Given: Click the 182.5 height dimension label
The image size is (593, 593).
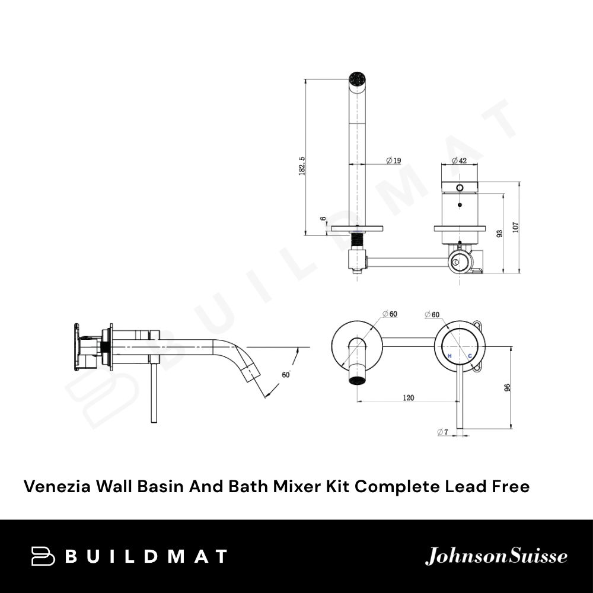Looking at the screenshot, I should [x=302, y=166].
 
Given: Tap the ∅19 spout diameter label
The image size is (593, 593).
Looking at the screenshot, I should [x=394, y=160].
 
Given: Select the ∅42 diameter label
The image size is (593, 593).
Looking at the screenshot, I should [x=459, y=160].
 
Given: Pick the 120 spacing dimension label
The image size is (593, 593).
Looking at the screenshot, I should [x=408, y=397].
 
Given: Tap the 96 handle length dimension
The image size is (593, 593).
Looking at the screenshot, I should [x=507, y=387].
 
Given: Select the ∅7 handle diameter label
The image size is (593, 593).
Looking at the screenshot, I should [x=442, y=432].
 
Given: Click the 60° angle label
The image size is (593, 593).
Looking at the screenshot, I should [x=286, y=375].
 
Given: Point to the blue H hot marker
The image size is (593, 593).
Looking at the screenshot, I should [x=449, y=356].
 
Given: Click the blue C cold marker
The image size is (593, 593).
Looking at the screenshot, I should [x=470, y=356].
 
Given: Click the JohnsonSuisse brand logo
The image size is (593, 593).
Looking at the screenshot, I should [x=496, y=556].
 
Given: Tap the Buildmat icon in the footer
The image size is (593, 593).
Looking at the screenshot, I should [x=42, y=556].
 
